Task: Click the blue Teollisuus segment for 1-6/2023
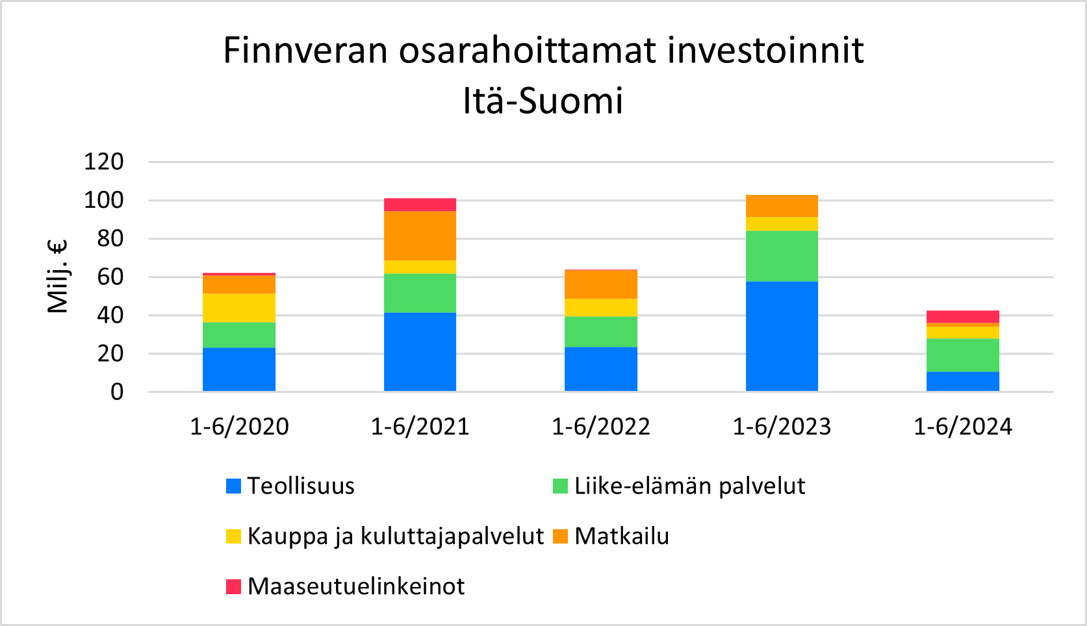(x=782, y=336)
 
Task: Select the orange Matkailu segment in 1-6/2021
(x=420, y=236)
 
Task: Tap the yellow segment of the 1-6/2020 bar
(x=238, y=308)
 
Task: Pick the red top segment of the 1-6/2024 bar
(x=963, y=317)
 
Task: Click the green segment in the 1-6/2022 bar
(x=601, y=332)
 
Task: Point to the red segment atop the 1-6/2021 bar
(x=420, y=205)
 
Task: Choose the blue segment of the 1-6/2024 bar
(x=963, y=382)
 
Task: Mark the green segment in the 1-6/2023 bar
(x=782, y=256)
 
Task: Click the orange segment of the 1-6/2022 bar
(x=601, y=284)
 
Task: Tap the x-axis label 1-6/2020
(x=239, y=427)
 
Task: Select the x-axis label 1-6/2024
(x=963, y=427)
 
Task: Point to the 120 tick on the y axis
(x=104, y=162)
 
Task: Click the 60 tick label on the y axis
(x=110, y=277)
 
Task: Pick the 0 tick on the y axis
(x=117, y=392)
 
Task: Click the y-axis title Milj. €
(x=58, y=277)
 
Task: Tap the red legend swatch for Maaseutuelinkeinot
(x=233, y=587)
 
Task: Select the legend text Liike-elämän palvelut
(x=689, y=486)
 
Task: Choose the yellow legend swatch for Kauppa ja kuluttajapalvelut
(x=233, y=536)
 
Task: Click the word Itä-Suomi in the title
(x=543, y=101)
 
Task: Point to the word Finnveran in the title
(x=305, y=50)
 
